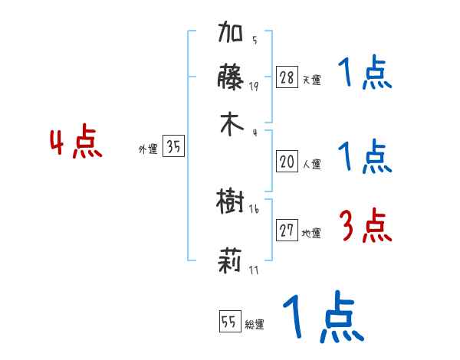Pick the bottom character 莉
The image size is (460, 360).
(x=230, y=262)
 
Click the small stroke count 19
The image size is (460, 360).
(x=253, y=86)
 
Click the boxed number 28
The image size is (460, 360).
(x=287, y=77)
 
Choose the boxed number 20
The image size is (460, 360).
(x=287, y=162)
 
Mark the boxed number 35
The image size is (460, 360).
(x=173, y=148)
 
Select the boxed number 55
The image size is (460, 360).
(x=228, y=322)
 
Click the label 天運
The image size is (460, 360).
(x=311, y=80)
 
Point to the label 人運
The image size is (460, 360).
(x=311, y=164)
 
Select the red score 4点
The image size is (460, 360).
(x=75, y=144)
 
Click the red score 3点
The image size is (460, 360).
(x=365, y=227)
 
